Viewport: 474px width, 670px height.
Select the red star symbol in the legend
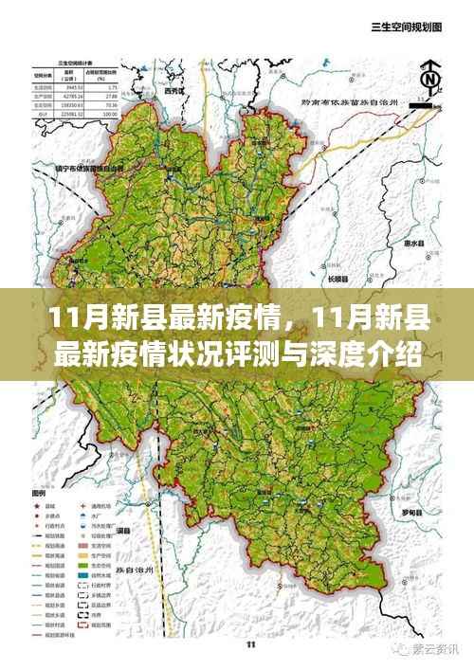[x=38, y=507]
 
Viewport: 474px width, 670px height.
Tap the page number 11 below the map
[x=250, y=646]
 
